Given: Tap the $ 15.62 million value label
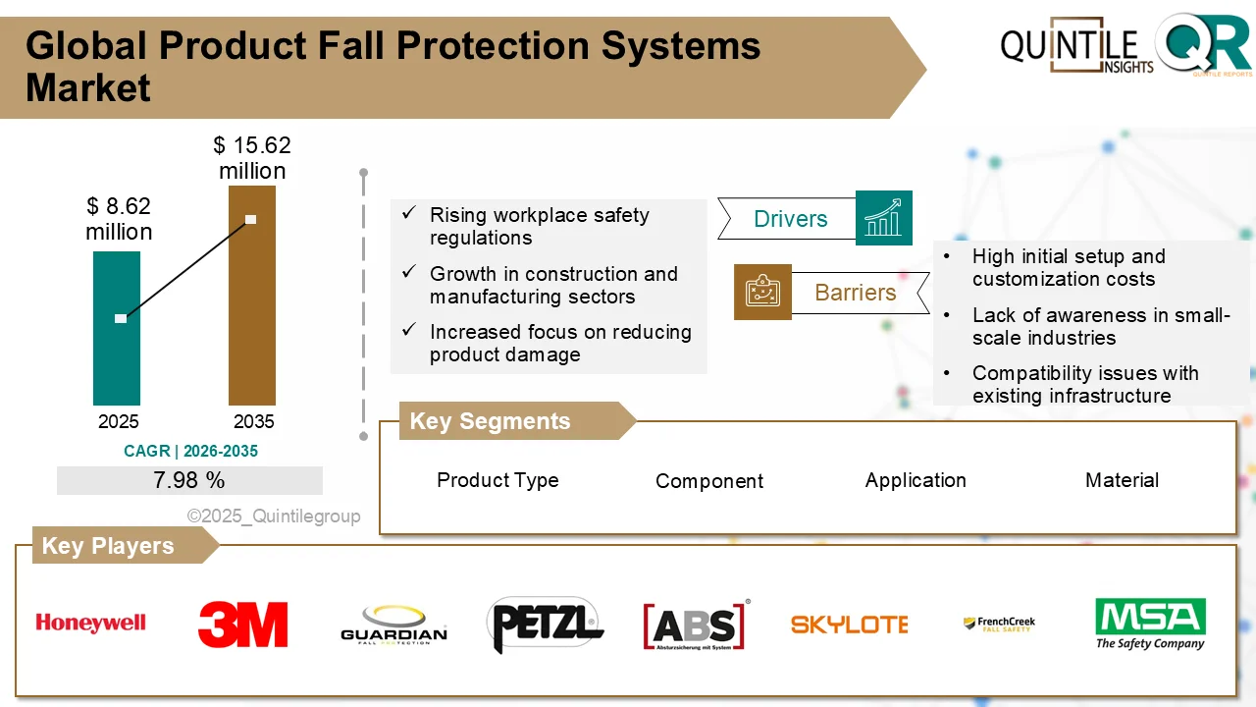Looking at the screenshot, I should (x=252, y=158).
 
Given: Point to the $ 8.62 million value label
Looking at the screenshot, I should (x=119, y=219).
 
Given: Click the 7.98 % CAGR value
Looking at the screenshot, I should (x=189, y=480).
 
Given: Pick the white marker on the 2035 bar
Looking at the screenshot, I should (x=251, y=219).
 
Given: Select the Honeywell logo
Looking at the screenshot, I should (x=90, y=623).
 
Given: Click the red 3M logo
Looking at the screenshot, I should (x=242, y=625).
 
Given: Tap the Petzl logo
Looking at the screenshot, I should (x=545, y=624).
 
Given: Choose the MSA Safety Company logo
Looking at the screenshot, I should (x=1150, y=624).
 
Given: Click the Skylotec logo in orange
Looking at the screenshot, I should (x=849, y=624).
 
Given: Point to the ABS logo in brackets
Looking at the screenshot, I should (x=696, y=625).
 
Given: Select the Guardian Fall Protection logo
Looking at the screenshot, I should (x=393, y=625).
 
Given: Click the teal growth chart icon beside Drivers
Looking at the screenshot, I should (x=883, y=218).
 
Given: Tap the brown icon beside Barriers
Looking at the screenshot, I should (x=762, y=292).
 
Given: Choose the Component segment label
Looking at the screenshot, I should (x=708, y=481).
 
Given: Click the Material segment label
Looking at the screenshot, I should (x=1122, y=480).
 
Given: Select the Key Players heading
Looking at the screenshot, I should (x=107, y=546).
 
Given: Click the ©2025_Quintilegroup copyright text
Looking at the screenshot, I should (x=274, y=516).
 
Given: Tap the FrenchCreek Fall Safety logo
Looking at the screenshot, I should (x=999, y=624).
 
